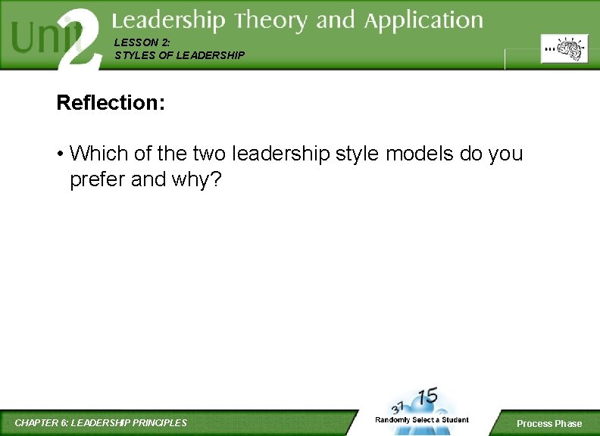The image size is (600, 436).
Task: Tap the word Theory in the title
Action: [270, 20]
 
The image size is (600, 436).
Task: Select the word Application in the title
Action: [423, 22]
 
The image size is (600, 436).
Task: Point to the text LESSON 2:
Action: [137, 43]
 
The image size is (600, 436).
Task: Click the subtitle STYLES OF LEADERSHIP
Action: [180, 55]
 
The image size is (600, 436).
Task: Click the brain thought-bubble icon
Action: [564, 49]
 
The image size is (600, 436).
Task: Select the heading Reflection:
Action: [111, 103]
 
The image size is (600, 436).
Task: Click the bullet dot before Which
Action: [59, 154]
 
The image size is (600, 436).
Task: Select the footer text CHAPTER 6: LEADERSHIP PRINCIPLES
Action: [101, 422]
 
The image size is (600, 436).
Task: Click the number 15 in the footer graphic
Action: [428, 397]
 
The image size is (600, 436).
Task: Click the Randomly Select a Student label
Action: [422, 419]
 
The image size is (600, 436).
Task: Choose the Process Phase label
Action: [549, 423]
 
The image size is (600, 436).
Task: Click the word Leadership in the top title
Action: [169, 20]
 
